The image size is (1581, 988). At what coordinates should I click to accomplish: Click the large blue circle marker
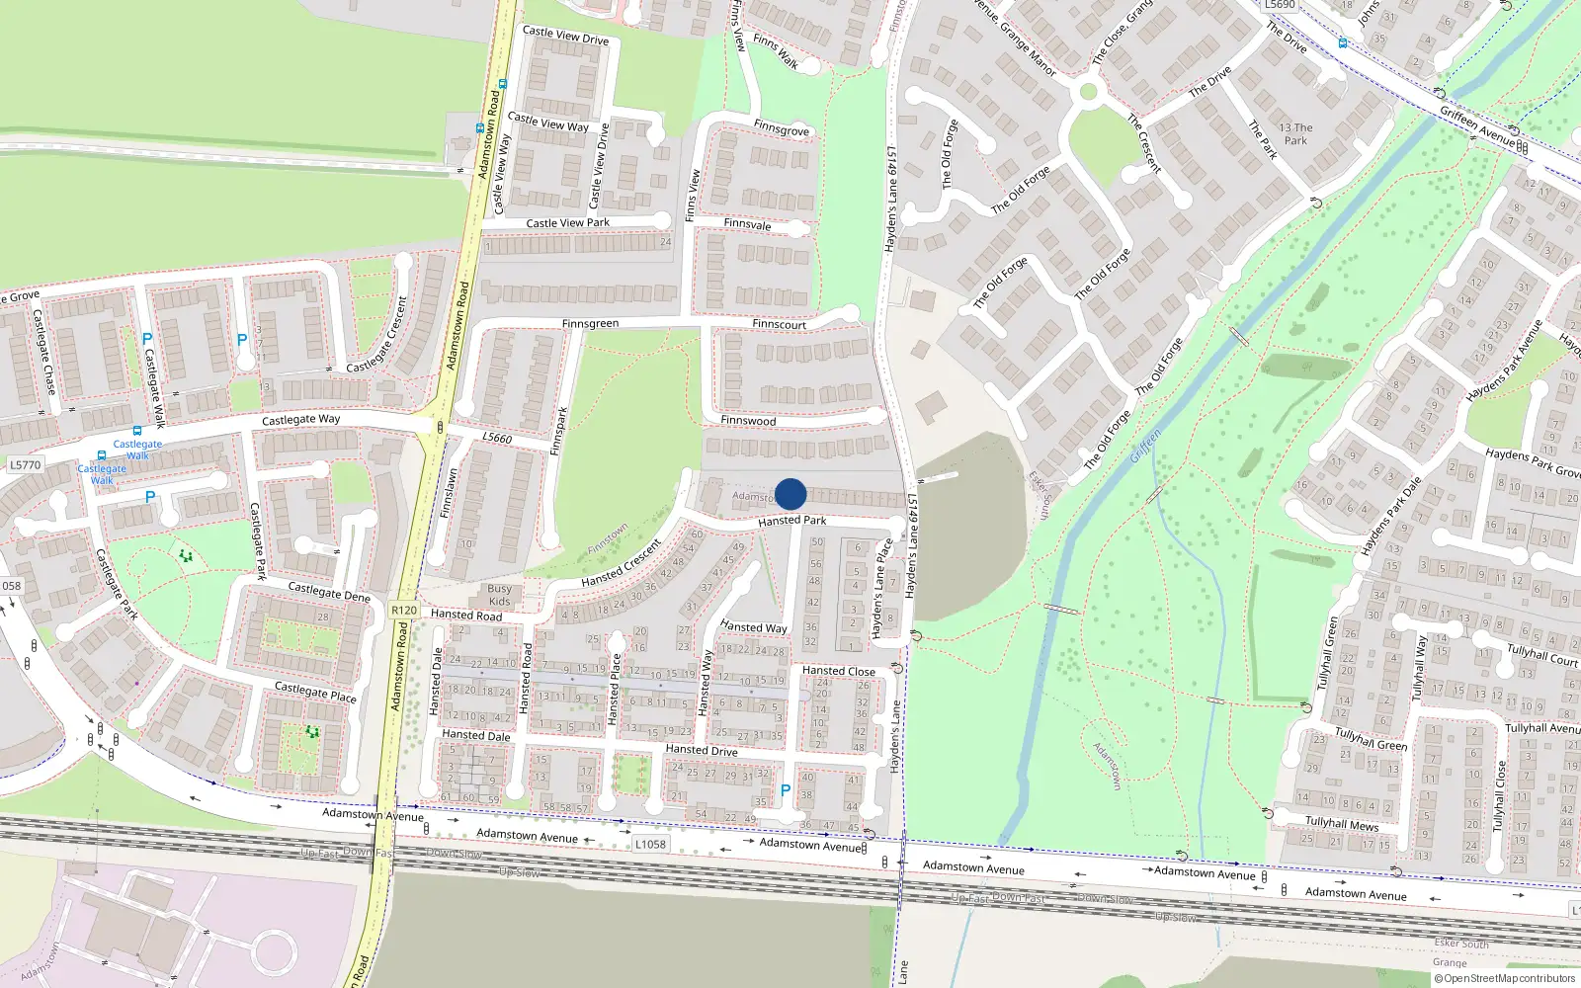790,494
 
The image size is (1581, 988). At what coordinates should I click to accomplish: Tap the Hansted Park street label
791,521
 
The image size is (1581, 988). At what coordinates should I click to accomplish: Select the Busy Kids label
500,595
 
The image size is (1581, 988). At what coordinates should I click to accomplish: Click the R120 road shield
404,611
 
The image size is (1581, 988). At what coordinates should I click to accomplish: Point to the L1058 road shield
650,844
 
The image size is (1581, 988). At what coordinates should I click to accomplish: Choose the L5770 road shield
26,465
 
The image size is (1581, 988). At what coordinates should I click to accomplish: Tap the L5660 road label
497,438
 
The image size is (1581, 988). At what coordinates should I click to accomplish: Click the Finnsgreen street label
590,324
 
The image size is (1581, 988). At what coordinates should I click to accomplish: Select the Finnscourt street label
779,324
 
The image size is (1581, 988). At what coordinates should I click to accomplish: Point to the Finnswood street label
748,421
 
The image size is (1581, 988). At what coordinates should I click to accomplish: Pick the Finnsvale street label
747,224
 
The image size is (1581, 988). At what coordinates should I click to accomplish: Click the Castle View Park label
567,223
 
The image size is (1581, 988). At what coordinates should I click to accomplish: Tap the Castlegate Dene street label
329,593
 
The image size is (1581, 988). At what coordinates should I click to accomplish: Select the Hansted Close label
838,671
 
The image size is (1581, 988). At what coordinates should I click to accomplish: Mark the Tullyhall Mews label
1342,823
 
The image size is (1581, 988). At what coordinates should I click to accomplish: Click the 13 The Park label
1295,134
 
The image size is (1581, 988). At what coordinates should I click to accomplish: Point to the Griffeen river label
1146,446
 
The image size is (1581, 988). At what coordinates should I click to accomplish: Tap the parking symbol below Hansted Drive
786,790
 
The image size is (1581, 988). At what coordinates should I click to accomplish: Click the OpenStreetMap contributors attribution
1505,979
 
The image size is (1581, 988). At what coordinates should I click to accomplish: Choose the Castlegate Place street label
315,692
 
